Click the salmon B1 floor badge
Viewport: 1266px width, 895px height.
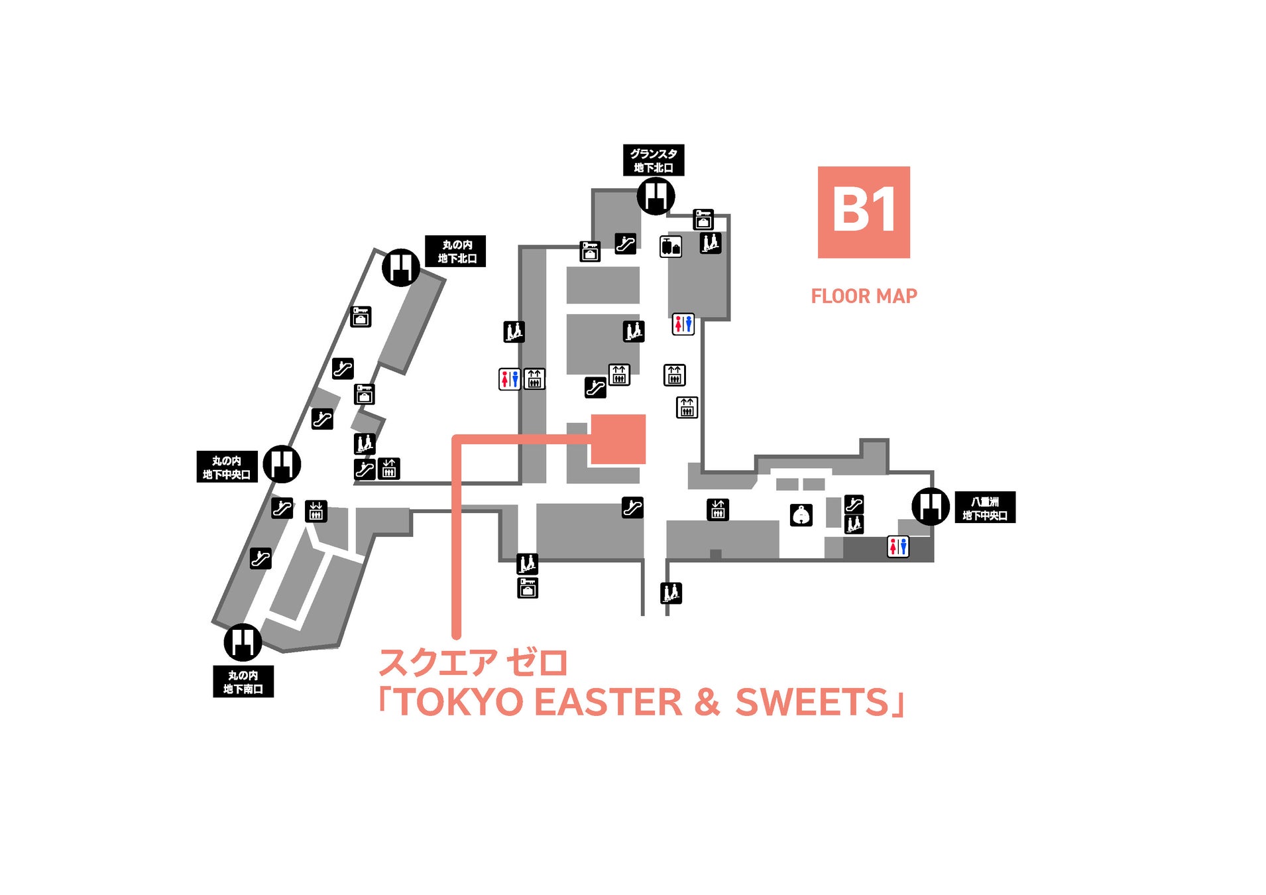pyautogui.click(x=863, y=212)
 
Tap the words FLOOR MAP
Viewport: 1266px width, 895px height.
pyautogui.click(x=863, y=296)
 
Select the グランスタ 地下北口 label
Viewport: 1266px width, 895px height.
pyautogui.click(x=653, y=160)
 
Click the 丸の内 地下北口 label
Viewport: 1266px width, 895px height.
pyautogui.click(x=456, y=251)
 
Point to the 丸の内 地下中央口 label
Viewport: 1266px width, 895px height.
pyautogui.click(x=227, y=467)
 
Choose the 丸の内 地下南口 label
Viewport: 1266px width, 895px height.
pyautogui.click(x=243, y=682)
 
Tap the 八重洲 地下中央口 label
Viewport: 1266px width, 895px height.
pyautogui.click(x=984, y=508)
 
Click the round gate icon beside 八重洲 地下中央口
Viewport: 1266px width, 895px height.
pyautogui.click(x=931, y=507)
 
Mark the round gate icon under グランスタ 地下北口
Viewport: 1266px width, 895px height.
pyautogui.click(x=656, y=196)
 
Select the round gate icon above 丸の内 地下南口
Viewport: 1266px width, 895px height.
pyautogui.click(x=243, y=642)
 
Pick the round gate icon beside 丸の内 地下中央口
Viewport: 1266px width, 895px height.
pyautogui.click(x=282, y=464)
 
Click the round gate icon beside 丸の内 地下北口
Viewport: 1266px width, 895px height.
pyautogui.click(x=400, y=267)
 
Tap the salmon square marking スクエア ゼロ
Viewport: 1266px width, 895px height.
pyautogui.click(x=618, y=439)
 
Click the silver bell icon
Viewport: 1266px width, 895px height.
pyautogui.click(x=801, y=514)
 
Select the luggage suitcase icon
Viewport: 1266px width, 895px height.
pyautogui.click(x=670, y=247)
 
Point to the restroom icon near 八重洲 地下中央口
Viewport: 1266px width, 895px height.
pyautogui.click(x=897, y=546)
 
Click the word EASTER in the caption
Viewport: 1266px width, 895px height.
pyautogui.click(x=608, y=703)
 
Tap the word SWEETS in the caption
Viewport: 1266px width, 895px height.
pyautogui.click(x=811, y=703)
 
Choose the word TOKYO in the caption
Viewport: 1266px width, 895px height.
pyautogui.click(x=460, y=703)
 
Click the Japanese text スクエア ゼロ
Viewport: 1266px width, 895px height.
pyautogui.click(x=473, y=662)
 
